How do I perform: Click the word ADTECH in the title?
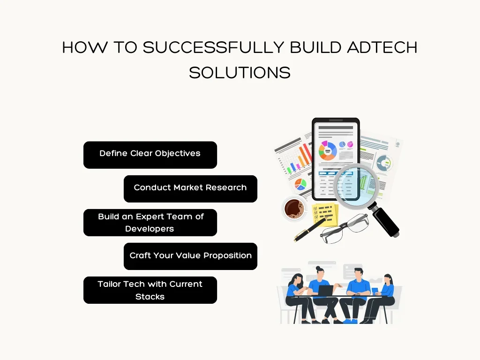pos(382,47)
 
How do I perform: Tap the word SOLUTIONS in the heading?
pos(240,73)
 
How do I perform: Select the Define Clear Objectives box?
pos(150,155)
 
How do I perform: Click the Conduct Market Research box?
pos(190,189)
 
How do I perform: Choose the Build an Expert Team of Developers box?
pos(150,223)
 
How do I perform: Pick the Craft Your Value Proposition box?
pos(190,256)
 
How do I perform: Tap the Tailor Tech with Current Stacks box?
pos(150,290)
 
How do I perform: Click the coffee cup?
pos(294,209)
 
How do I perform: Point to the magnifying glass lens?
pos(356,186)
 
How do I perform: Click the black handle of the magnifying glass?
pos(385,221)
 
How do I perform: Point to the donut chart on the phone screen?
pos(328,150)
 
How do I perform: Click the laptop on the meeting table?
pos(325,291)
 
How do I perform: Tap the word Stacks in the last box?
pos(150,297)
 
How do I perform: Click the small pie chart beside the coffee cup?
pos(300,184)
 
